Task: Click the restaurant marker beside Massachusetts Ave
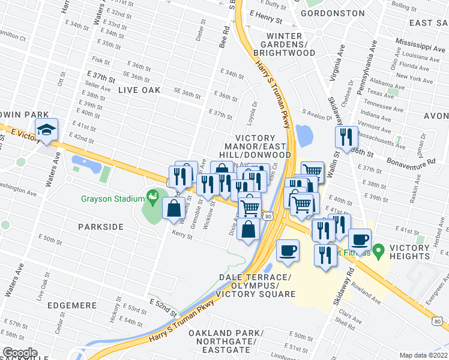point(346,137)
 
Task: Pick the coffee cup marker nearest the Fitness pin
point(360,239)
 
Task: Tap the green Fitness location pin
point(378,249)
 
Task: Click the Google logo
point(20,353)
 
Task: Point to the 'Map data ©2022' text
point(424,355)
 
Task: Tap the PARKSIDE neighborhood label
point(101,227)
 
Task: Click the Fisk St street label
point(100,59)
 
